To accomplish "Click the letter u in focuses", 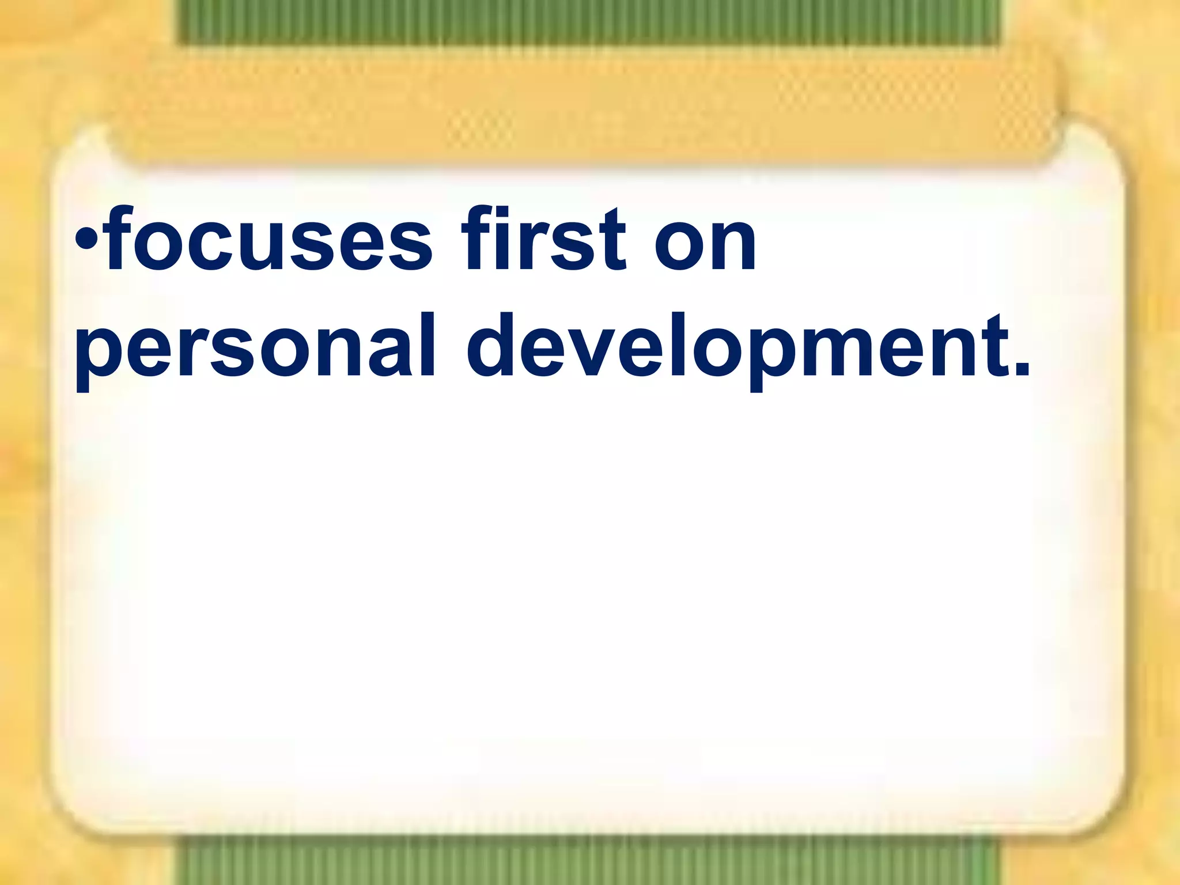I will [x=305, y=245].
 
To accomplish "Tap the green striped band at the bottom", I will [x=588, y=864].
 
